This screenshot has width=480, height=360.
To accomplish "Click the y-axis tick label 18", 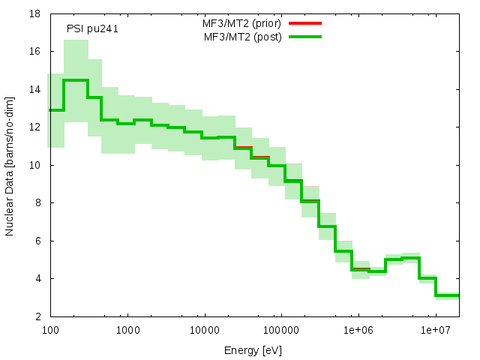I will pos(36,13).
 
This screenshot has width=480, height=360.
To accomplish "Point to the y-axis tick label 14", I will pos(36,89).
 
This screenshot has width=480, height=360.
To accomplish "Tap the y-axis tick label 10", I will pos(36,165).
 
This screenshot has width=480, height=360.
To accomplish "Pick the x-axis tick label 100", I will pos(50,330).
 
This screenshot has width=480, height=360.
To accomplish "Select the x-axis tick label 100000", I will pos(281,330).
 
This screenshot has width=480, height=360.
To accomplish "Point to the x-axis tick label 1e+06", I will pos(358,330).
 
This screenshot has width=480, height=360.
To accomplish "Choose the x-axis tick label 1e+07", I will pos(436,330).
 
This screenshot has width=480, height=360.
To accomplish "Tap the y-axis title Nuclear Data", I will pos(10,165).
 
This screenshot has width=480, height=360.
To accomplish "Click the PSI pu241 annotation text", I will pos(92,29).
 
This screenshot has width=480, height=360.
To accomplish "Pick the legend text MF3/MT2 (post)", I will pos(243,36).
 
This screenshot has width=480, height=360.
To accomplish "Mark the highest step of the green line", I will pos(76,80).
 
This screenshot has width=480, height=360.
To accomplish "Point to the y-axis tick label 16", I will pos(36,52).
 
